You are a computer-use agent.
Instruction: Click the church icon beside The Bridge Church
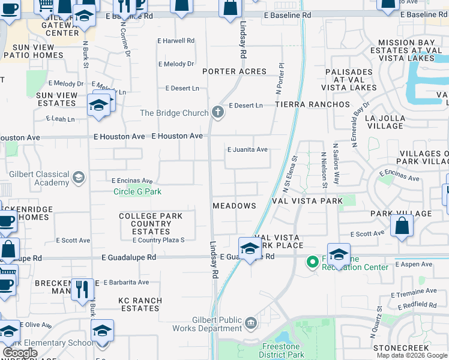[x=217, y=112]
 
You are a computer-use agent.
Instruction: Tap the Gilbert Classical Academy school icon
[x=79, y=177]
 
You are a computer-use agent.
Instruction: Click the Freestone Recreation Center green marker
[x=312, y=262]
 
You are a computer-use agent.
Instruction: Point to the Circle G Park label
[x=138, y=192]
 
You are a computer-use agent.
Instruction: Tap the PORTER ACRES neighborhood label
[x=234, y=71]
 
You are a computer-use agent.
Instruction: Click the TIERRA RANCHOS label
[x=312, y=104]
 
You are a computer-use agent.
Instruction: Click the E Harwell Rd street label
[x=176, y=41]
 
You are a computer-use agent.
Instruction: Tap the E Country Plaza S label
[x=158, y=241]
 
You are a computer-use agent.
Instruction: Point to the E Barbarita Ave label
[x=126, y=282]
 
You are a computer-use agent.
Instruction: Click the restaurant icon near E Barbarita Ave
[x=82, y=289]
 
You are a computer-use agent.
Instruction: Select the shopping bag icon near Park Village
[x=402, y=226]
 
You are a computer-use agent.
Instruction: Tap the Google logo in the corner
[x=20, y=353]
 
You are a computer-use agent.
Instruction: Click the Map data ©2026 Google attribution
[x=412, y=355]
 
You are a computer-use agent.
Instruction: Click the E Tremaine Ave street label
[x=414, y=291]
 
